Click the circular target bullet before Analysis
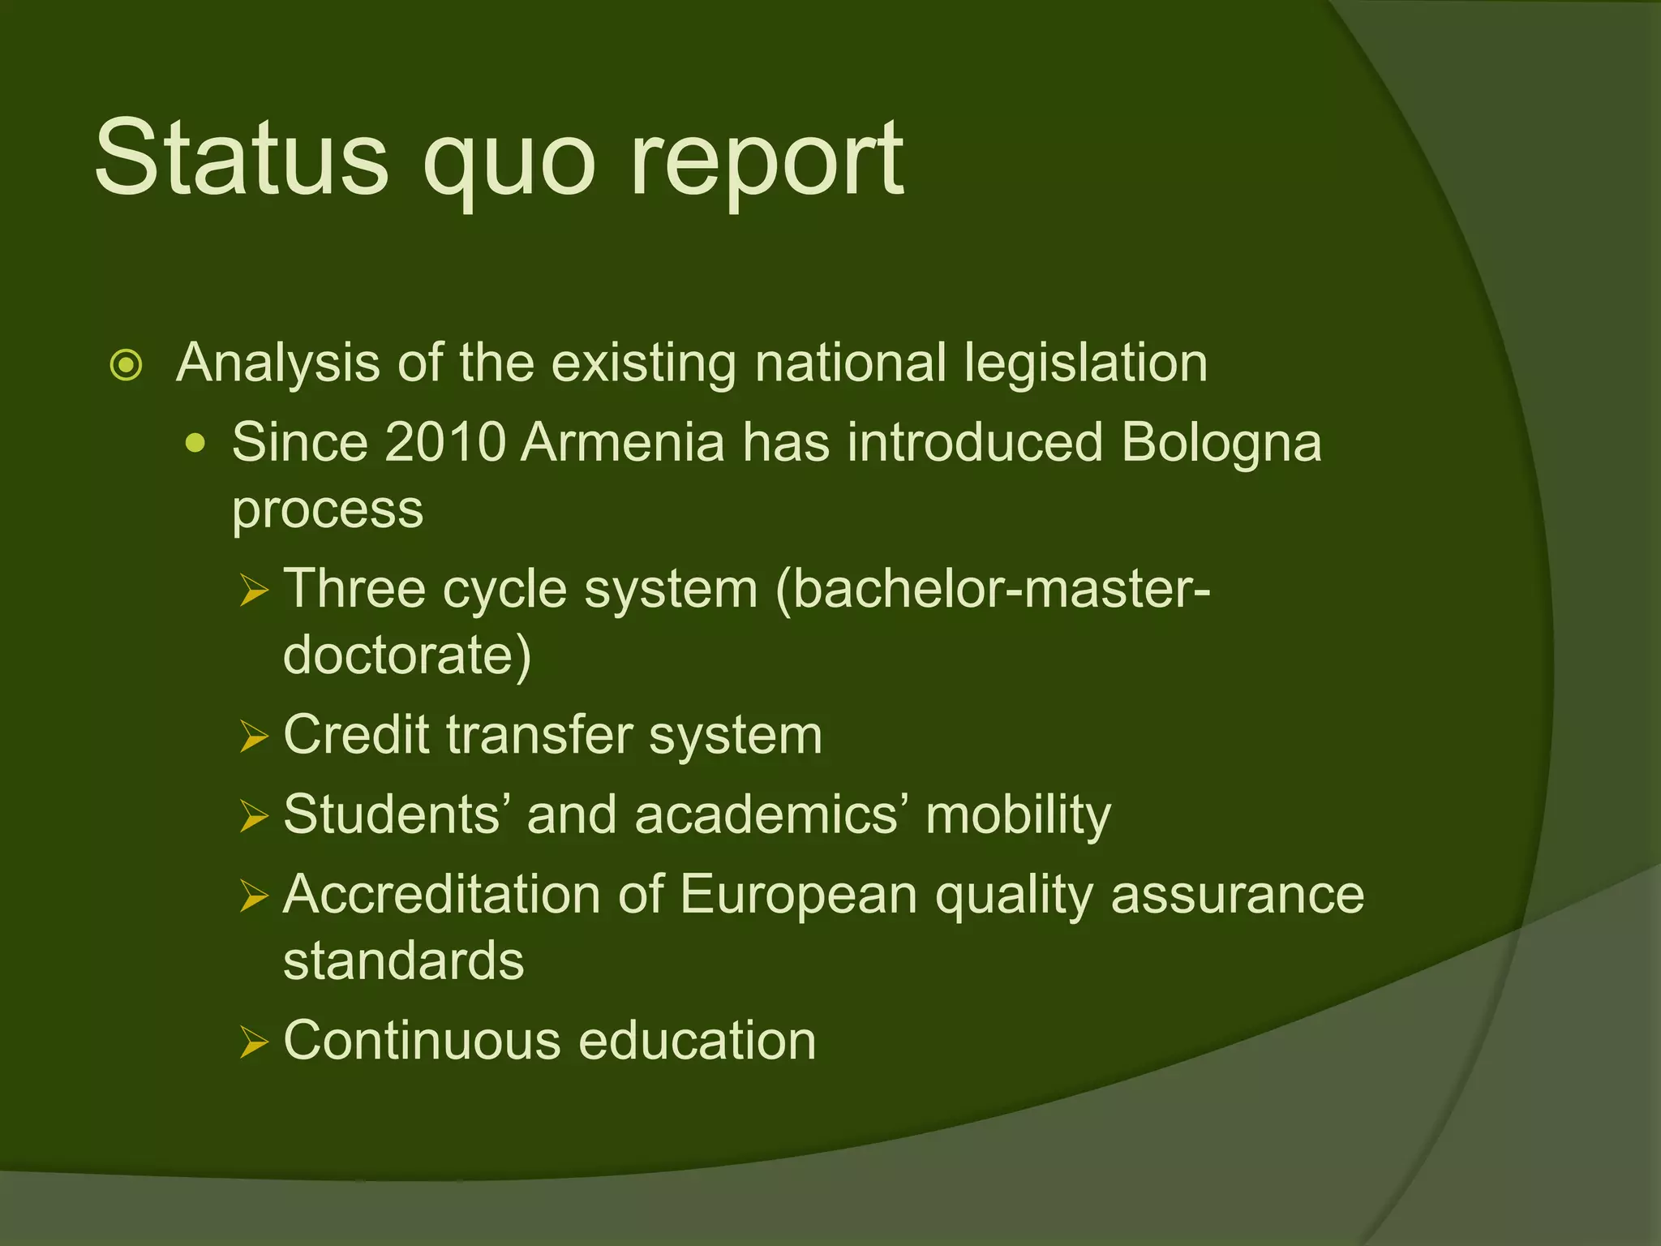point(126,365)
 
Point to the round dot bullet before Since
point(195,444)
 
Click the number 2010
point(445,443)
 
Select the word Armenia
point(622,443)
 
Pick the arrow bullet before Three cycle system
point(254,591)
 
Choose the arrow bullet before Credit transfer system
point(254,737)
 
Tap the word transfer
point(539,735)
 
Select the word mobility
point(1018,816)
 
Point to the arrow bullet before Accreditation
point(254,896)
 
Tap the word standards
point(403,960)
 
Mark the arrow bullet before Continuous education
point(254,1042)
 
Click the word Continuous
point(422,1040)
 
